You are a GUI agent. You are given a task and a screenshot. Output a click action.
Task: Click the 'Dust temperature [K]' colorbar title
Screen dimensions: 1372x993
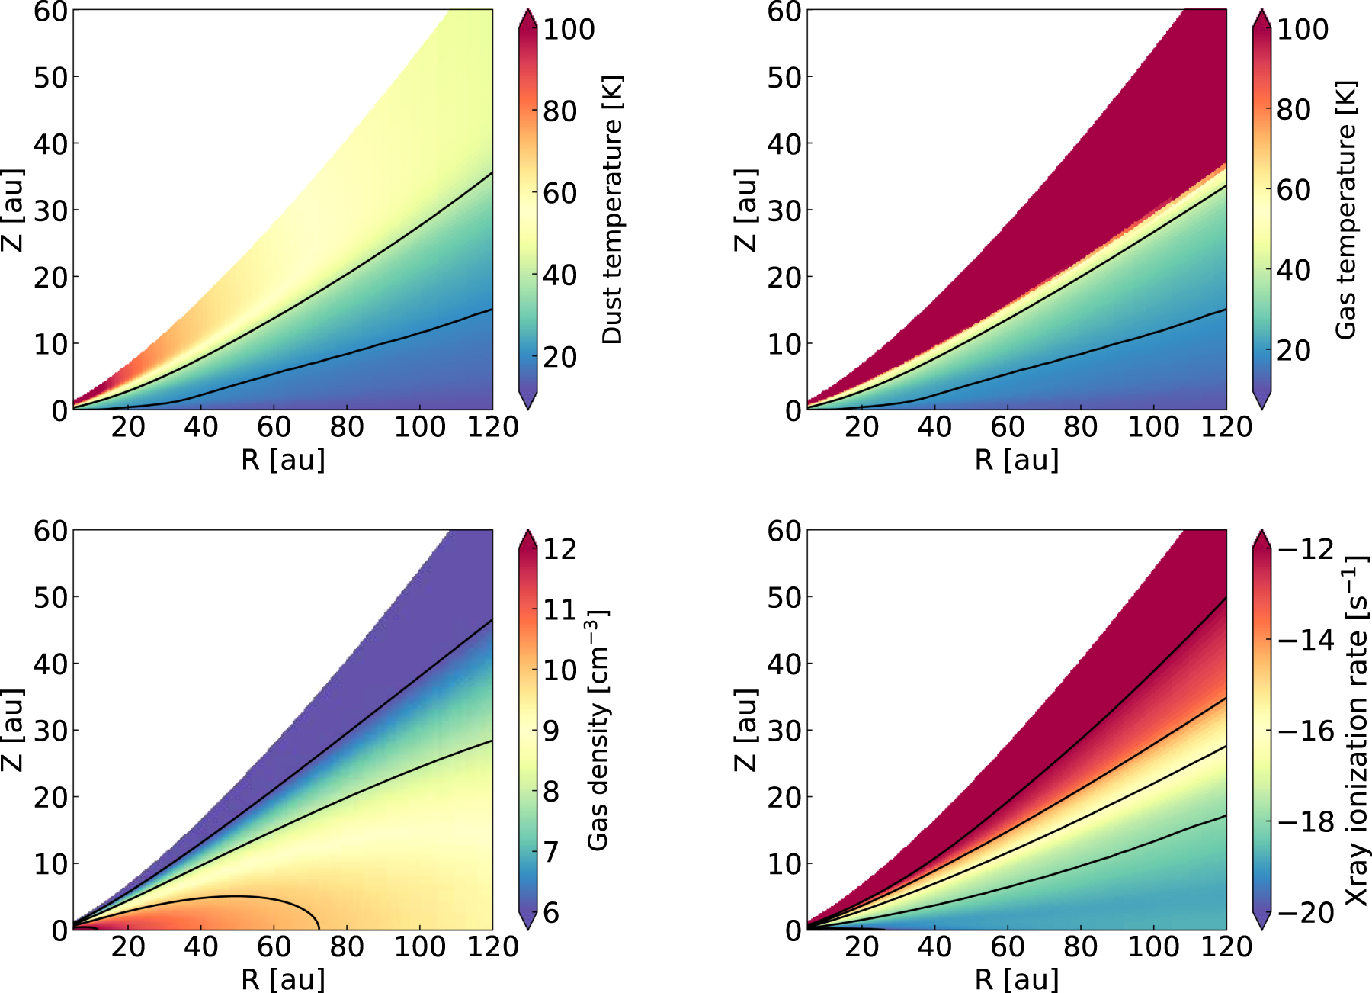(612, 210)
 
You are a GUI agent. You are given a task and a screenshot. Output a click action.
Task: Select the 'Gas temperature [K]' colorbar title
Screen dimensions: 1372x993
(1346, 210)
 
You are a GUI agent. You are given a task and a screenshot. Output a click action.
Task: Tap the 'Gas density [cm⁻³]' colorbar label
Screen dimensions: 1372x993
(598, 730)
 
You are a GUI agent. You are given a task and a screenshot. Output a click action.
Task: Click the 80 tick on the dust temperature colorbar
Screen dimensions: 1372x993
(559, 111)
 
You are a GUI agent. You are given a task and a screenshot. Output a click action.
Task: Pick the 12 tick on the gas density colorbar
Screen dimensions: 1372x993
(559, 549)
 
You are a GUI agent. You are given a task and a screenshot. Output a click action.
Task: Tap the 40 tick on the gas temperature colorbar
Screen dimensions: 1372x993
(1293, 270)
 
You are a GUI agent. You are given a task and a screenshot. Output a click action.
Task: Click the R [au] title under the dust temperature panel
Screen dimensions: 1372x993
(283, 460)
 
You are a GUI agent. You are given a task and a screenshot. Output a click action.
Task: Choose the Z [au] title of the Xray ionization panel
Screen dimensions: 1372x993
(746, 730)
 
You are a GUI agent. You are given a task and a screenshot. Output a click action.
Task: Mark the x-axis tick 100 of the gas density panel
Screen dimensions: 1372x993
(419, 946)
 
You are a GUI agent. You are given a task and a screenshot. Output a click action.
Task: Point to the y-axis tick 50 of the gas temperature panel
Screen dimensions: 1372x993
(784, 77)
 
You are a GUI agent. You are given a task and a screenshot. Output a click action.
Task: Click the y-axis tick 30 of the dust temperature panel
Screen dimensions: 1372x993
(50, 210)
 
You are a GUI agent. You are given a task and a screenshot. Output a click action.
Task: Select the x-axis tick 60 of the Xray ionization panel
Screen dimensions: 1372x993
(1008, 946)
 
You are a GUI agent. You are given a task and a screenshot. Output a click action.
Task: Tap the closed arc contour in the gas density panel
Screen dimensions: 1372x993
(236, 896)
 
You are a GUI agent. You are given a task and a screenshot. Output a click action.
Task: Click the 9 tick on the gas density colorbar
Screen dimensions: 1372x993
(551, 731)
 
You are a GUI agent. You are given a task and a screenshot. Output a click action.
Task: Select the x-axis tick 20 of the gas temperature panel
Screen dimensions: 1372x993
(861, 426)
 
